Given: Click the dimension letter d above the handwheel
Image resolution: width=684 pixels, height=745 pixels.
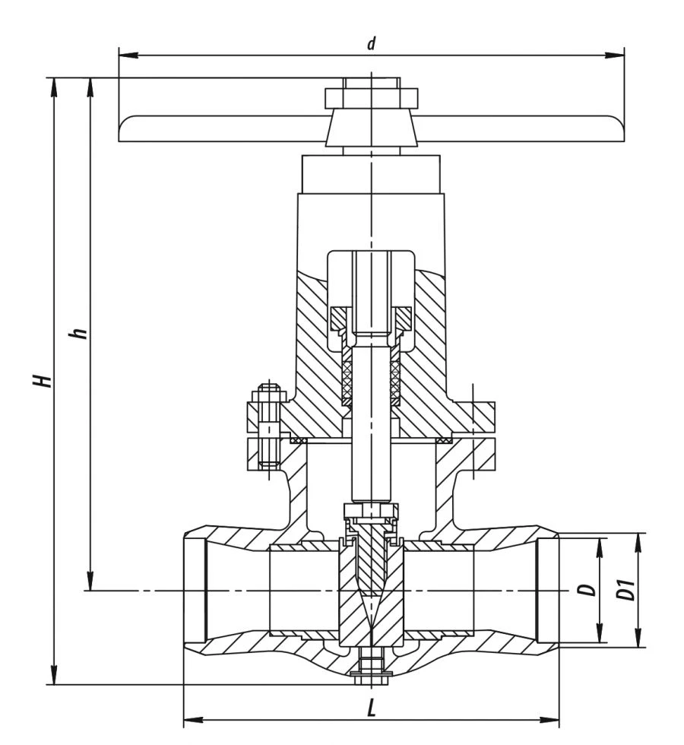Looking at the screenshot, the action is point(372,43).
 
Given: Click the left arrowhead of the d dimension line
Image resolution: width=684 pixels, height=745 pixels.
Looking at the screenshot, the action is point(128,55).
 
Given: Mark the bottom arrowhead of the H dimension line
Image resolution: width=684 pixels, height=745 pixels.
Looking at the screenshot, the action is point(54,675).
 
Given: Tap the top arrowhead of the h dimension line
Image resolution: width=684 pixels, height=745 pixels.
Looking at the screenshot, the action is point(90,88).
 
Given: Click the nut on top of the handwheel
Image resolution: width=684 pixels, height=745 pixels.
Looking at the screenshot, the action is point(372,98).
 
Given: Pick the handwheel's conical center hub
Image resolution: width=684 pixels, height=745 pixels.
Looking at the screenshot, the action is point(372,127).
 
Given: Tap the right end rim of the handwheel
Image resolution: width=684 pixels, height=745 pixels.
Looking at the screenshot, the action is point(619,128).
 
